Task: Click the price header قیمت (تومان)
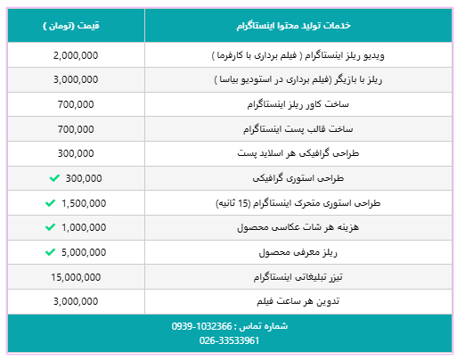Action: pyautogui.click(x=76, y=26)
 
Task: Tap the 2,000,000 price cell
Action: pyautogui.click(x=76, y=55)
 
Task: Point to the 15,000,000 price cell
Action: pyautogui.click(x=76, y=276)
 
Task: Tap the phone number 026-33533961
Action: pyautogui.click(x=228, y=340)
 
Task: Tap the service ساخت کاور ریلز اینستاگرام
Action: pyautogui.click(x=342, y=104)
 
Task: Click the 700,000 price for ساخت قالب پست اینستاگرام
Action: pyautogui.click(x=76, y=129)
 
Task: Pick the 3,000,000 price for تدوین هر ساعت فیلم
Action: pyautogui.click(x=76, y=301)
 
